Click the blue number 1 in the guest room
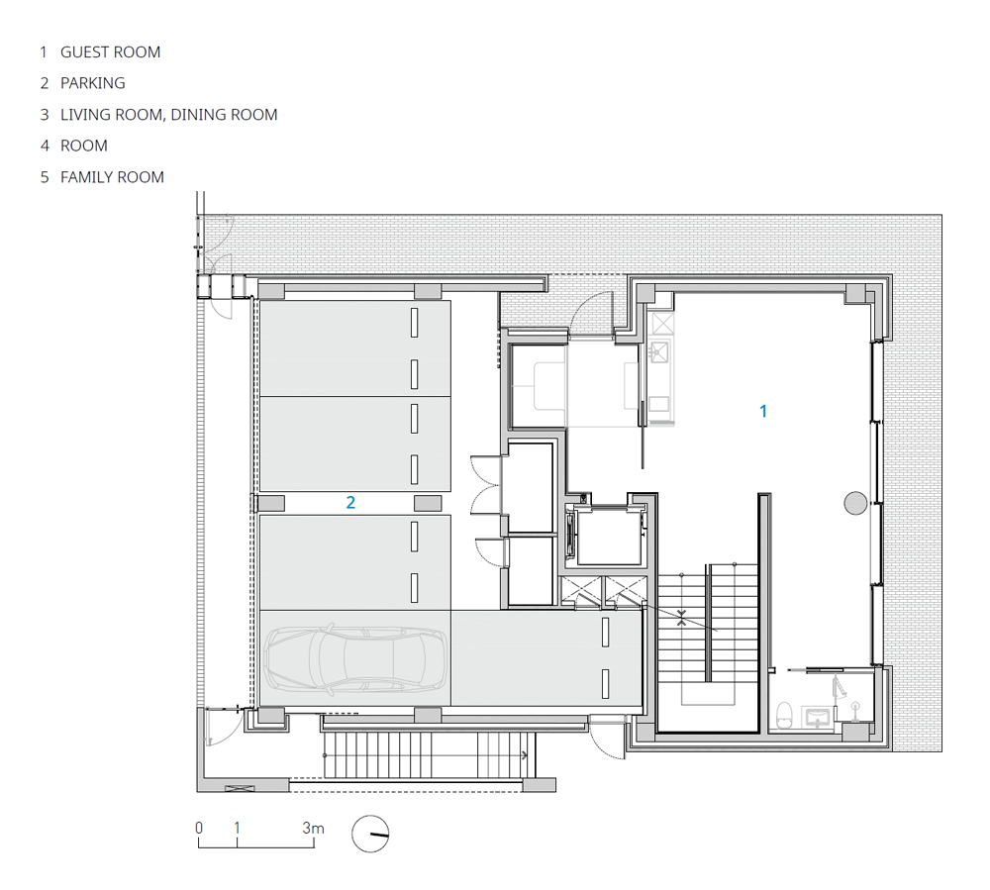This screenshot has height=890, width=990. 763,412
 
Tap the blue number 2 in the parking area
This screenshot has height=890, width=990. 350,503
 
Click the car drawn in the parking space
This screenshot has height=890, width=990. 355,659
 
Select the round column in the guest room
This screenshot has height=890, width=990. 855,503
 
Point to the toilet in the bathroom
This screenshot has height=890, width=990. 783,715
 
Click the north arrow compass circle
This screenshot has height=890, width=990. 370,834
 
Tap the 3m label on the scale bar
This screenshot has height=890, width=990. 313,828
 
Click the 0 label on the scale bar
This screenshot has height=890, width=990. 199,828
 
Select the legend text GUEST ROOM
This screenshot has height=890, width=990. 111,52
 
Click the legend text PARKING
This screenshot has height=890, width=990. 93,83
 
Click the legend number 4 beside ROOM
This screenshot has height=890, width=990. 45,146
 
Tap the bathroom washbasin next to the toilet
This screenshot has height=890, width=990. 818,718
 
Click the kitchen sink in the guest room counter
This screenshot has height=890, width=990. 659,351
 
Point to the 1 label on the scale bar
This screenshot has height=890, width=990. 237,828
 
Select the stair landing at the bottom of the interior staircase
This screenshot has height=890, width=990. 707,693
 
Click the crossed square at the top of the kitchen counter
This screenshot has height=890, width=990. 662,324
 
